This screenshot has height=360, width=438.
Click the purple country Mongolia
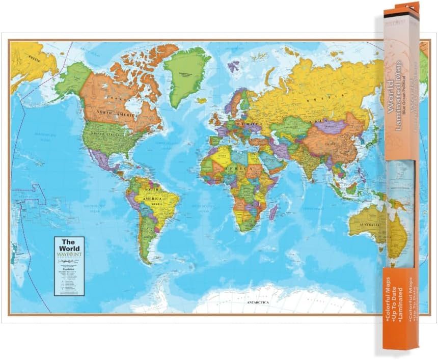coord(332,126)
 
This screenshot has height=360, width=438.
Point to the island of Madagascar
coord(273,211)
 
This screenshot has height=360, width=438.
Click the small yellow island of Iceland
coord(202,100)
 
